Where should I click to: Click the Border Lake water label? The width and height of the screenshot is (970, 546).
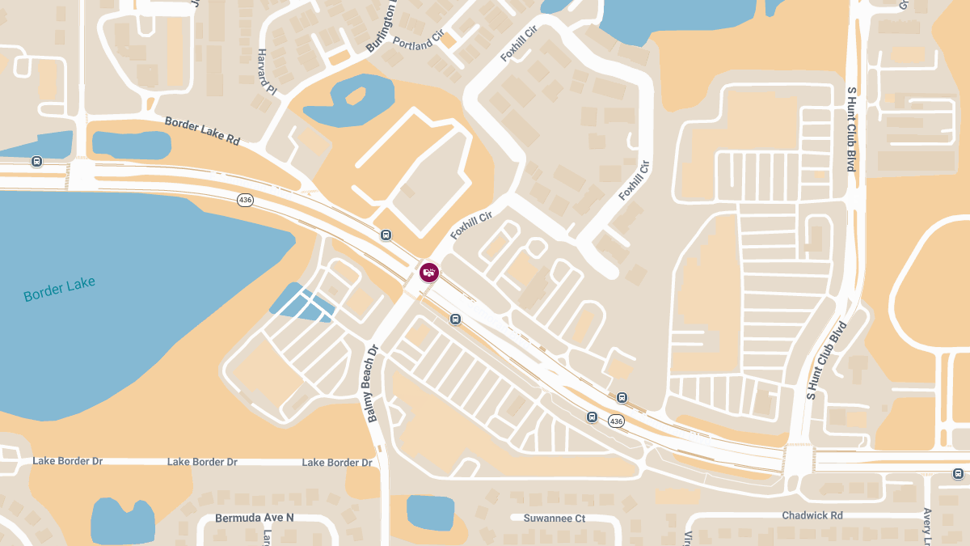coord(59,289)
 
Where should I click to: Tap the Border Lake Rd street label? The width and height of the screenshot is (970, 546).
coord(202,131)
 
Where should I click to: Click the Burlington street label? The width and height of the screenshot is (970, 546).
coord(382,29)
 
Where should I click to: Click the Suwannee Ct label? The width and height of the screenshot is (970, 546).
coord(554,518)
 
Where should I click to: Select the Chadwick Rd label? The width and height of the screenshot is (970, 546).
coord(812,515)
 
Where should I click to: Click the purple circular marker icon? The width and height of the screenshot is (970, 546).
coord(429,272)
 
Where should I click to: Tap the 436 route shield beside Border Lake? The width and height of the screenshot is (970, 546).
coord(245,199)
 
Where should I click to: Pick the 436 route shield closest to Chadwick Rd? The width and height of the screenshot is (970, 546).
coord(617,421)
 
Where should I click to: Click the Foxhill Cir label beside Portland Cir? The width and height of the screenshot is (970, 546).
coord(518,44)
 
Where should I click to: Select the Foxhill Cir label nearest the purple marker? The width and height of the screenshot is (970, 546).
coord(471,226)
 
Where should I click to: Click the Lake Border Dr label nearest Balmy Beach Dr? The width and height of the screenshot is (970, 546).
coord(336,462)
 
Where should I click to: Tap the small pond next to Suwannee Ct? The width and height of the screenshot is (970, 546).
coord(430,513)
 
